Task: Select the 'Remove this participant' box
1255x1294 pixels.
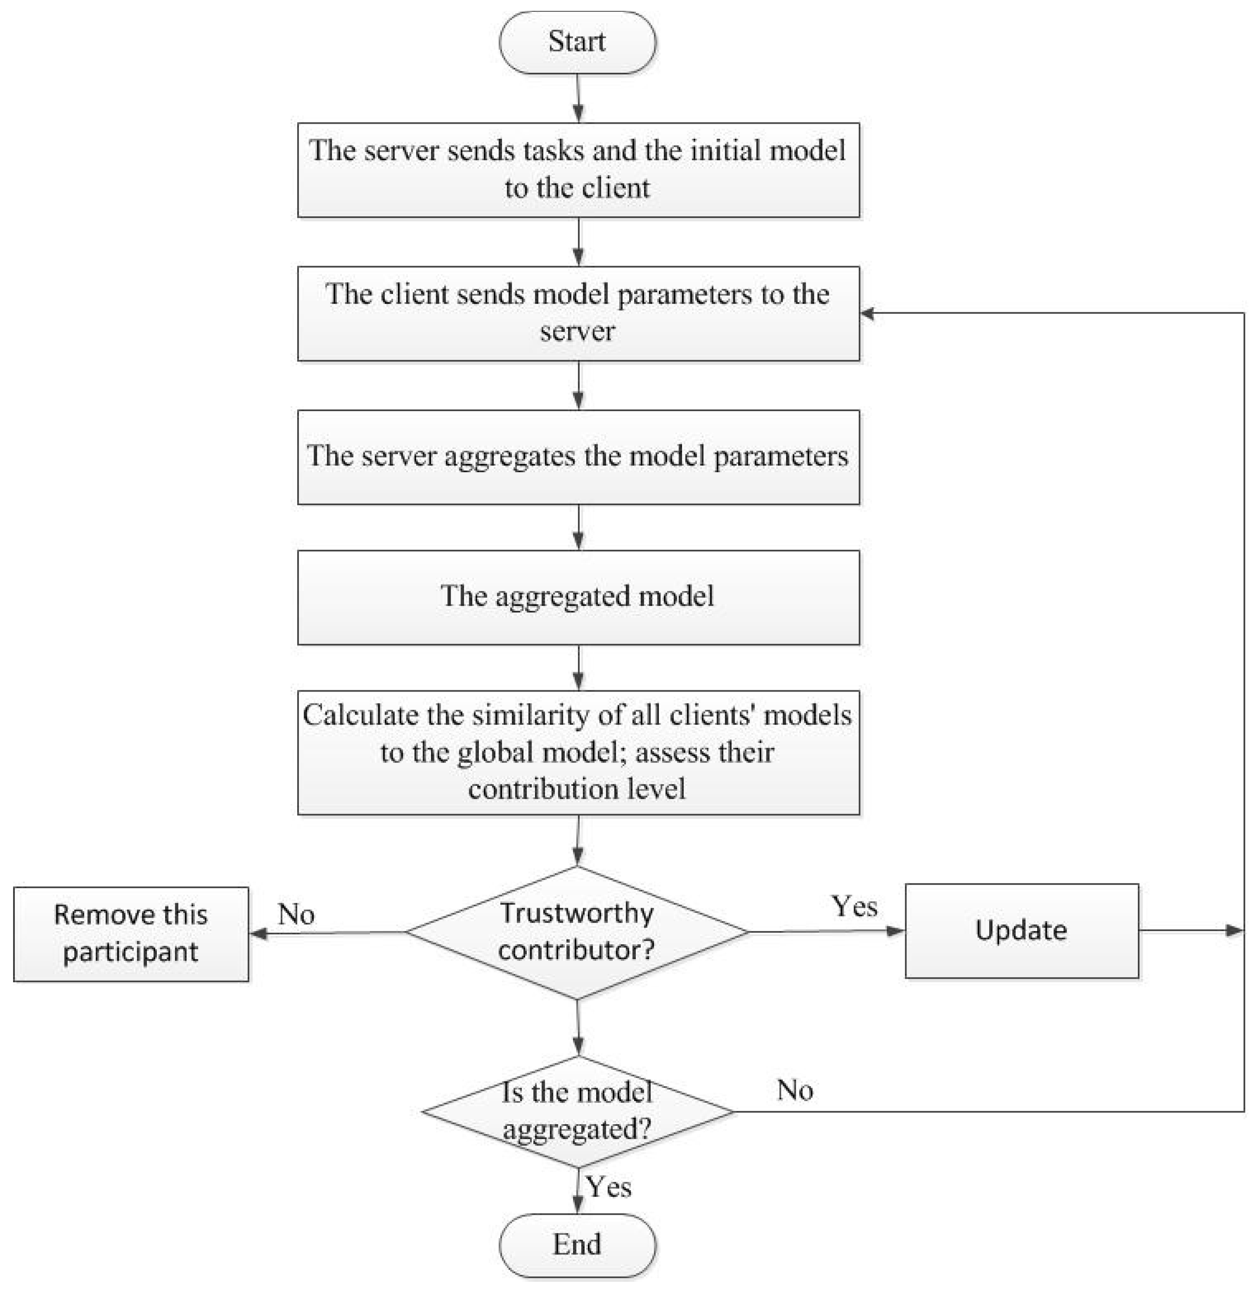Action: tap(131, 933)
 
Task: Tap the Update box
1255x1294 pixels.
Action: tap(1021, 930)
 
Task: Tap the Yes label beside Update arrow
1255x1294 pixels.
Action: tap(854, 906)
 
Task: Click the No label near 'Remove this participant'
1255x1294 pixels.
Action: tap(296, 914)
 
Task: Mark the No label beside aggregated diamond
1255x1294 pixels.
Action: tap(794, 1091)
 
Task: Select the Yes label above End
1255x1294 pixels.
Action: tap(608, 1187)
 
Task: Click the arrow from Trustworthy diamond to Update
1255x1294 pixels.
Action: tap(826, 932)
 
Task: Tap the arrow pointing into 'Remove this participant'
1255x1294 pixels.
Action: tap(259, 933)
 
